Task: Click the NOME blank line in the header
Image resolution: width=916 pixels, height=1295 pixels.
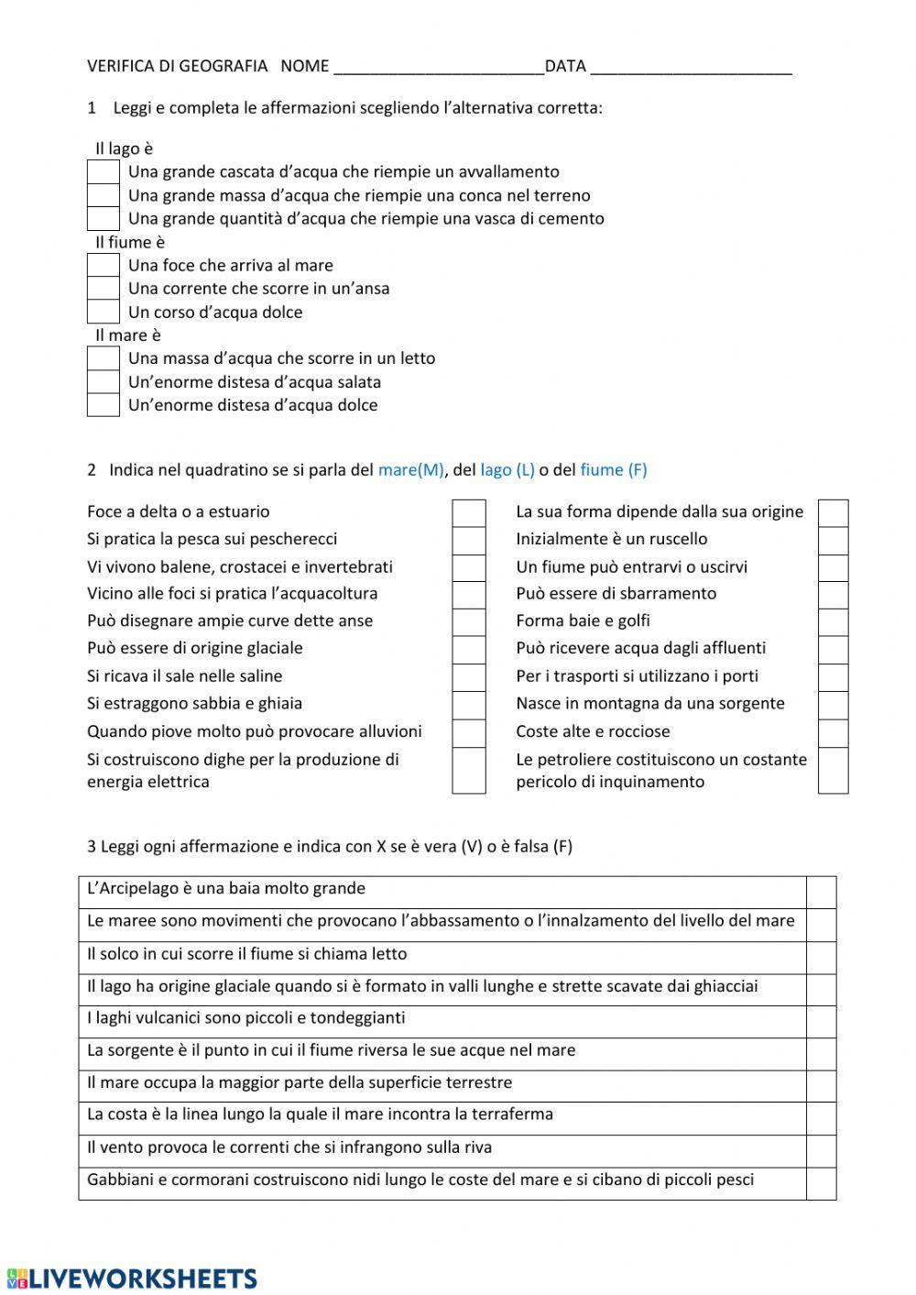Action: click(x=439, y=67)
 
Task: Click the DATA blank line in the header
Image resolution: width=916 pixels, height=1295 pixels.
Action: click(x=691, y=67)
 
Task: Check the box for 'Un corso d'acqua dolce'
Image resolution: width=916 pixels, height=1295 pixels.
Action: click(x=104, y=312)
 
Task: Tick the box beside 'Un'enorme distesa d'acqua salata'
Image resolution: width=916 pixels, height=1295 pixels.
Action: click(x=104, y=382)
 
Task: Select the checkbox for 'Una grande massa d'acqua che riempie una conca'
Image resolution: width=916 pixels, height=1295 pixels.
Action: click(x=104, y=195)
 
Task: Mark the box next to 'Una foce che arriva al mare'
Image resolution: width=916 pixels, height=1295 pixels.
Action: click(x=104, y=265)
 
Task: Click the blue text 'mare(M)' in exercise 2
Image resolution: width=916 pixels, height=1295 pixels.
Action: click(x=410, y=470)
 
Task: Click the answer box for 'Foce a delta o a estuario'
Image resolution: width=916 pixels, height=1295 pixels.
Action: click(x=469, y=512)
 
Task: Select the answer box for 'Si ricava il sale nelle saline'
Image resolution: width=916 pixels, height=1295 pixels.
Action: click(x=469, y=677)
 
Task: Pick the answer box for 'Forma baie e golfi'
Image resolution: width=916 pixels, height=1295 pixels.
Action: click(x=833, y=621)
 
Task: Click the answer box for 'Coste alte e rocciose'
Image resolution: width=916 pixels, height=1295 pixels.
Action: click(x=833, y=732)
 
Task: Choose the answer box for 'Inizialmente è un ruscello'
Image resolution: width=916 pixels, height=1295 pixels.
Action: click(x=833, y=540)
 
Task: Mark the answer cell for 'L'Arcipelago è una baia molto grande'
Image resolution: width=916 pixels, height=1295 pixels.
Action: click(x=821, y=892)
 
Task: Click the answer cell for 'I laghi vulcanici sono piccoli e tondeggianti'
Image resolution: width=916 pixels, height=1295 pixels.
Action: click(x=821, y=1021)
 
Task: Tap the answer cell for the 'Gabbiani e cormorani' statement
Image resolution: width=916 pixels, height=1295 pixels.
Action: click(x=821, y=1183)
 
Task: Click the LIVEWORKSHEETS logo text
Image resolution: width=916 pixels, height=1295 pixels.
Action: click(x=143, y=1279)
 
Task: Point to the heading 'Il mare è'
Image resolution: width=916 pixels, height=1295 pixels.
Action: click(x=128, y=335)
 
